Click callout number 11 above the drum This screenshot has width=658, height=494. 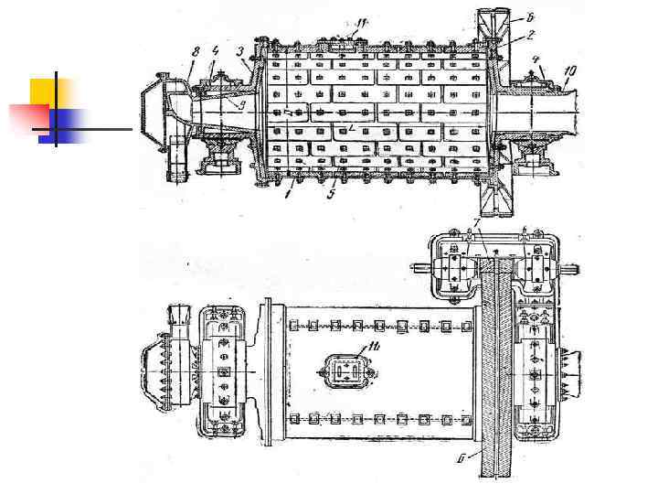[x=362, y=21]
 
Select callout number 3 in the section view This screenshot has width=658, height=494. [x=240, y=52]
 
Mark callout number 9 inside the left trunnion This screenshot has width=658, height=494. [x=241, y=107]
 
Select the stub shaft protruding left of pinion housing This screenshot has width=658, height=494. [x=422, y=268]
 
